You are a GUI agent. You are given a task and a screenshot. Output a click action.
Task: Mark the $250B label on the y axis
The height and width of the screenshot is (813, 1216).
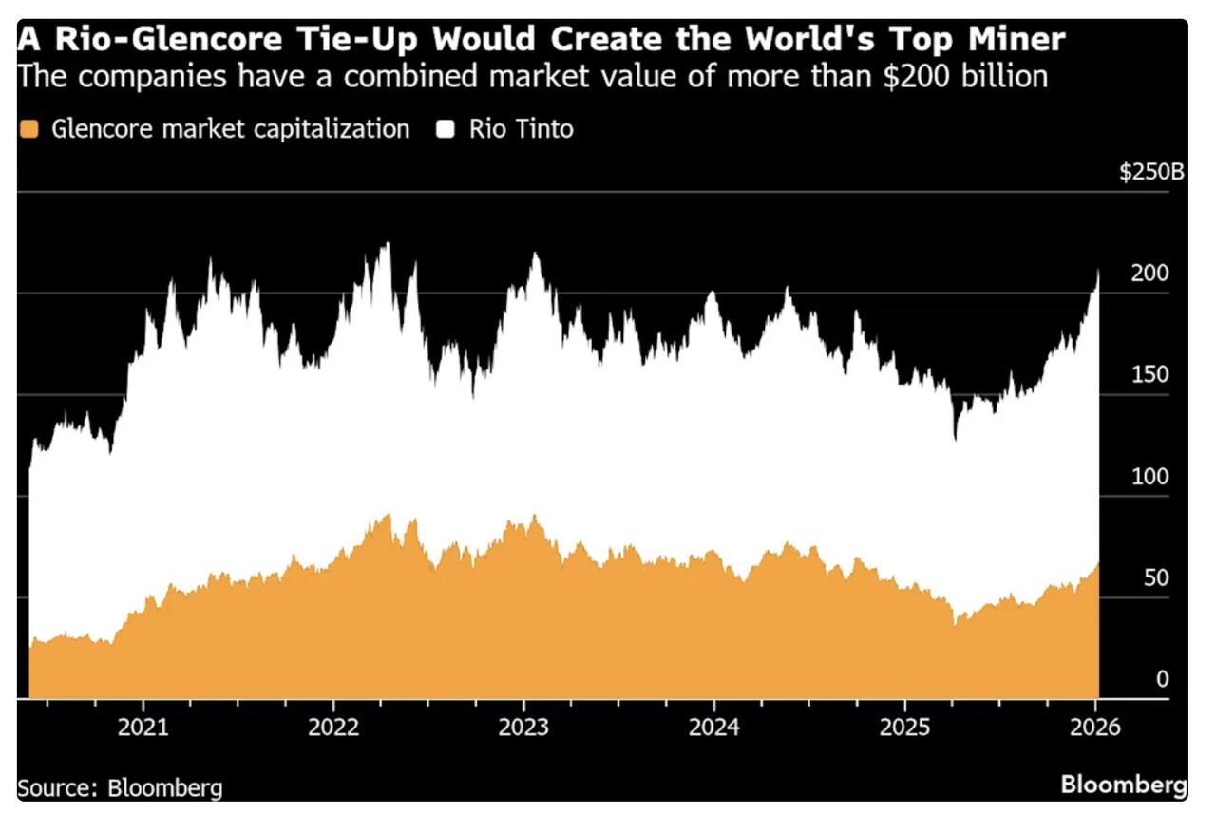1151,173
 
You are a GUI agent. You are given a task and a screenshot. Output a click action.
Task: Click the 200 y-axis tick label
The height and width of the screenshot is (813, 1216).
1149,274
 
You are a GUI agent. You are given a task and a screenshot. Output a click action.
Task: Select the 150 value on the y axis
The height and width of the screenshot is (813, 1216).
1149,375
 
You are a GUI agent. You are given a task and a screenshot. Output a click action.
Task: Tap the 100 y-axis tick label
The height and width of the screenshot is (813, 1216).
1149,477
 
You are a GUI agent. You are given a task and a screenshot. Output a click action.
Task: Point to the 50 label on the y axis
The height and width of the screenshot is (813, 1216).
1155,578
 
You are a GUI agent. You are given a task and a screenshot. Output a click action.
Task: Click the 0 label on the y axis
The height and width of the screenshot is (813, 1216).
1162,679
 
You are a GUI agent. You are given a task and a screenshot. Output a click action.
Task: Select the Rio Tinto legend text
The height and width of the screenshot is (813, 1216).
521,129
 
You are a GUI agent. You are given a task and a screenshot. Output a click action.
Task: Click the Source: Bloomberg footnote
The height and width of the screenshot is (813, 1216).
120,787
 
